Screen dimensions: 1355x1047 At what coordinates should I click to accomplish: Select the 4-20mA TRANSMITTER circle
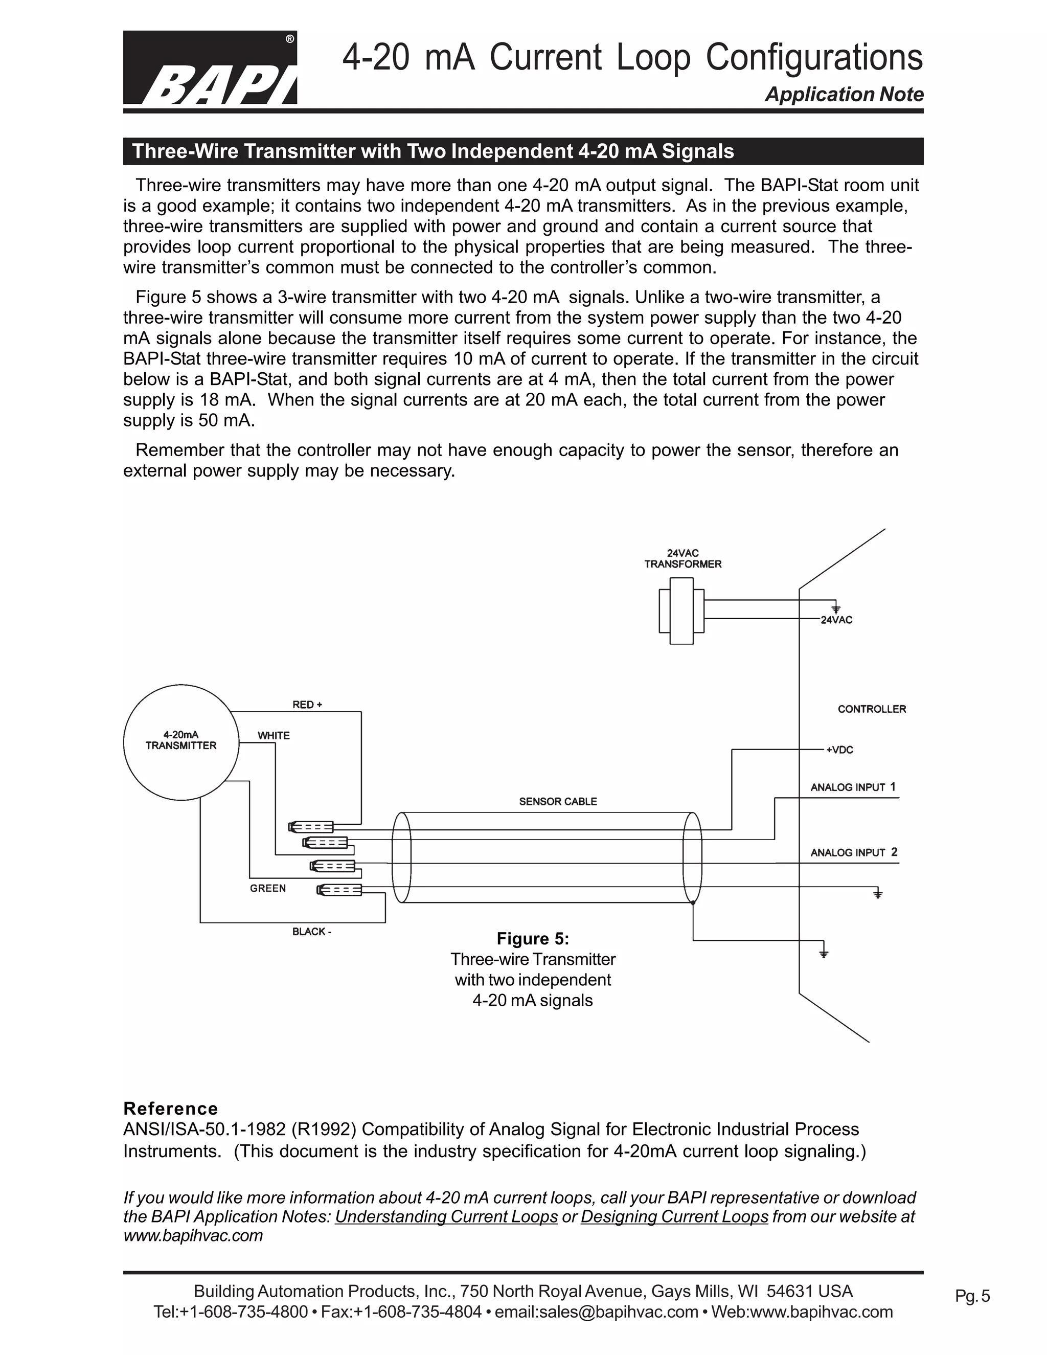click(x=181, y=741)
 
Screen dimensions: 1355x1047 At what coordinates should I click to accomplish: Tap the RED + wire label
click(x=307, y=705)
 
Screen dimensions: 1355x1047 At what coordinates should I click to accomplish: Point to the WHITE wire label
click(x=274, y=736)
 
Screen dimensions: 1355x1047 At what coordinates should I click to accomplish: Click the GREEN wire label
click(x=268, y=889)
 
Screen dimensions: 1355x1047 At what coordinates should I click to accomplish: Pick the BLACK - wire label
click(x=311, y=932)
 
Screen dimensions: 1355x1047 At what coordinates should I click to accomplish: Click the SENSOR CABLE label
click(x=558, y=802)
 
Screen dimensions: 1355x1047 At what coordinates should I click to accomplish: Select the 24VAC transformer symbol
click(x=681, y=611)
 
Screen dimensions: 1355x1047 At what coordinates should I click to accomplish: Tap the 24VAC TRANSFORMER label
click(x=682, y=559)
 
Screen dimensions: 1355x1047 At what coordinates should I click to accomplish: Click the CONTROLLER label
click(x=872, y=709)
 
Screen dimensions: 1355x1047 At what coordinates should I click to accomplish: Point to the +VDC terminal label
click(x=839, y=750)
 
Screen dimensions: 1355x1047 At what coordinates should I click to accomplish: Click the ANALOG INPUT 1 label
click(x=853, y=787)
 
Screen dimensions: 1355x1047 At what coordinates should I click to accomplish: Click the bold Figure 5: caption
click(x=533, y=939)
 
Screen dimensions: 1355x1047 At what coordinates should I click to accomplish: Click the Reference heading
click(x=171, y=1109)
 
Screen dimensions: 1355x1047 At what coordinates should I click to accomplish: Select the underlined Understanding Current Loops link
click(x=446, y=1216)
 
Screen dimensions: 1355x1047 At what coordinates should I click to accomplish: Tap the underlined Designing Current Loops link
click(x=674, y=1216)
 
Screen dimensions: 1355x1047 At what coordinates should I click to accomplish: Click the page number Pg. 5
click(x=972, y=1296)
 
